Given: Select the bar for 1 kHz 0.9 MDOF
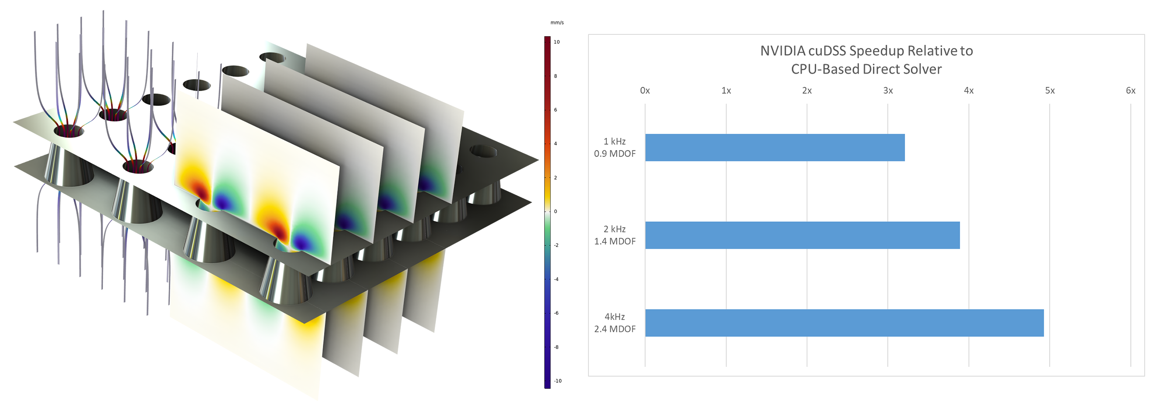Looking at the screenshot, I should click(775, 148).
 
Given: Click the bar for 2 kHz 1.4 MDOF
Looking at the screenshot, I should click(802, 235).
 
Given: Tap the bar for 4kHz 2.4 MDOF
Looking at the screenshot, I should click(844, 323).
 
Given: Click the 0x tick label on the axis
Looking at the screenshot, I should click(645, 91).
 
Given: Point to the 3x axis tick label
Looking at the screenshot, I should click(888, 91).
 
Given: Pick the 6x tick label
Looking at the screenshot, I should click(1130, 91).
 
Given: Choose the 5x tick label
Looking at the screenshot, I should click(1050, 91).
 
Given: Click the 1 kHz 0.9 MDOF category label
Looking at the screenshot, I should click(615, 148).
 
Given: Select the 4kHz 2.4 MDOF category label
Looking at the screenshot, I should click(615, 323).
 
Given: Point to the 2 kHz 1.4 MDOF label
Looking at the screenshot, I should click(615, 235).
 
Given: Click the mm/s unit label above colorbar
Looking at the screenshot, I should click(557, 22).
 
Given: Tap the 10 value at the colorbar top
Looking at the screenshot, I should click(557, 42).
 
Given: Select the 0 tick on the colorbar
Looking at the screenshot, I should click(556, 211).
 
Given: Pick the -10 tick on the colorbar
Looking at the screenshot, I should click(557, 381).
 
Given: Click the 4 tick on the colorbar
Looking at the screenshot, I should click(556, 143).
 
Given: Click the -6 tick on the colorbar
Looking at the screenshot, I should click(557, 313).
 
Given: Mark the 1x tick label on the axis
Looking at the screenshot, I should click(726, 91).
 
